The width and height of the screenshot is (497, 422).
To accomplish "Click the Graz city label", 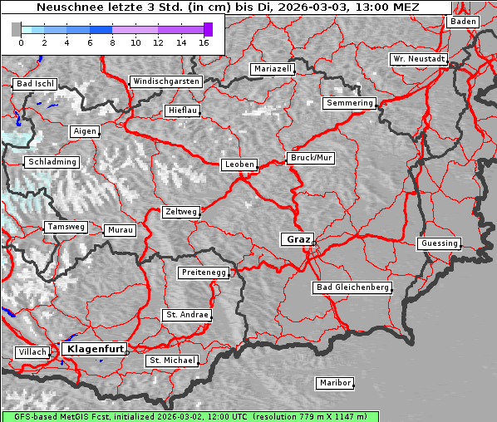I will click(298, 239).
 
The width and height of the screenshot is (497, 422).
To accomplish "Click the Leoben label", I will click(239, 164).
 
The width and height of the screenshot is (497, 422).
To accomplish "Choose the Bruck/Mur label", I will click(311, 157).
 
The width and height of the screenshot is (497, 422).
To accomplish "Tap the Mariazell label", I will click(273, 69).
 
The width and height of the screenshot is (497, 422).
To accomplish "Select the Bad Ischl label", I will click(35, 84).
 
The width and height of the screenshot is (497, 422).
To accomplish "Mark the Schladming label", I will click(52, 162).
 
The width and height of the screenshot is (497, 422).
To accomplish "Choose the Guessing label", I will click(439, 243).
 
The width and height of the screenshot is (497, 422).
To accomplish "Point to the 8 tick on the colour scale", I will click(112, 42).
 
